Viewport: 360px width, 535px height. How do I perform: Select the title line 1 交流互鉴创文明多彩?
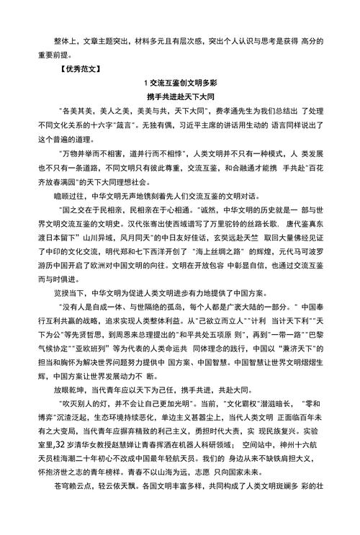180,84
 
